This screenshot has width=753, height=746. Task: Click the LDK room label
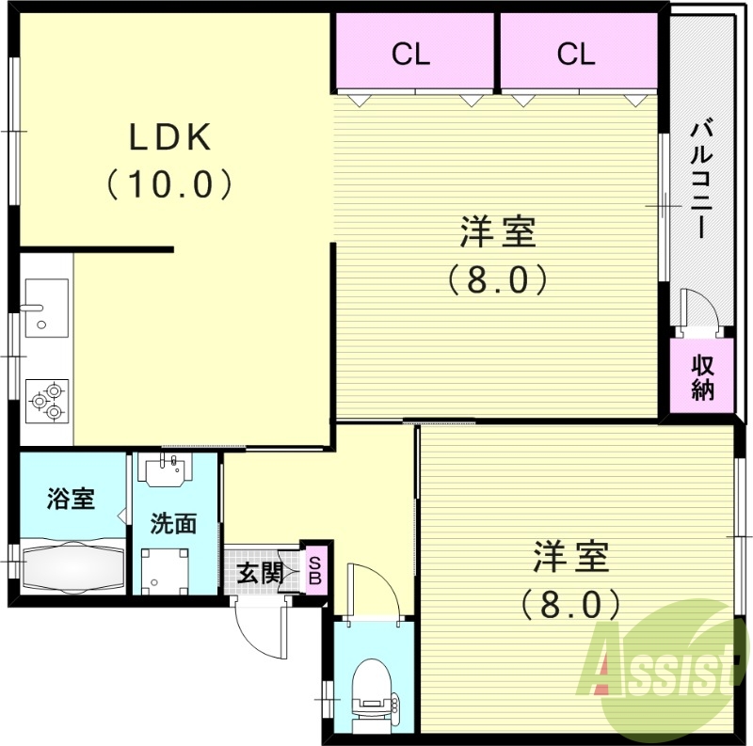(x=169, y=139)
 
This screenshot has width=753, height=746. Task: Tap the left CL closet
(x=411, y=54)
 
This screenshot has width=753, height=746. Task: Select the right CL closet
(x=576, y=54)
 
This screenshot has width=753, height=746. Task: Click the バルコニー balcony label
(x=700, y=179)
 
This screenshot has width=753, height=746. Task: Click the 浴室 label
(x=72, y=498)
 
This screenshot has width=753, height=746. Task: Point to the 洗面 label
(x=174, y=523)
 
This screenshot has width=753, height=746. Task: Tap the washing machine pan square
(x=165, y=569)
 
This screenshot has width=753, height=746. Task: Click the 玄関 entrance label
(x=259, y=572)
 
